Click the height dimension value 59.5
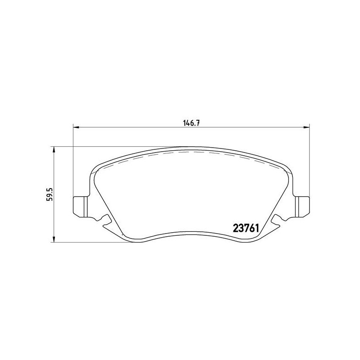coord(50,194)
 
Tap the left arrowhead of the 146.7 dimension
coord(76,127)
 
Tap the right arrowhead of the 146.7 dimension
coord(306,127)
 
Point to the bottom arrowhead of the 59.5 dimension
coord(54,240)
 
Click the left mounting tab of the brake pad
coord(79,206)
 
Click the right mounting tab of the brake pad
coord(302,206)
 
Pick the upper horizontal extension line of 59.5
coord(112,146)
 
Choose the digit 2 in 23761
coord(235,228)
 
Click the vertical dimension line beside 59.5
coord(54,216)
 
